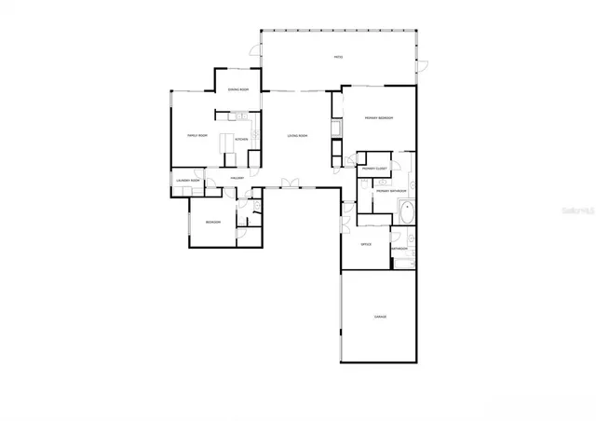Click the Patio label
(338, 58)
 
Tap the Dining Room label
(238, 89)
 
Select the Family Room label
(196, 135)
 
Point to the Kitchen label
(241, 140)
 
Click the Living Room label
(297, 136)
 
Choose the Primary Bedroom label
(379, 117)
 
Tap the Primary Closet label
(374, 169)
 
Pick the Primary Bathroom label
(390, 191)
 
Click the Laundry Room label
(187, 181)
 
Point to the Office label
(366, 244)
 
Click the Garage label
(380, 317)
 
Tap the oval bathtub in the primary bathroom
(407, 211)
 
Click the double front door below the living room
(292, 183)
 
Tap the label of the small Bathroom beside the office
(400, 249)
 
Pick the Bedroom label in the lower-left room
(212, 223)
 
